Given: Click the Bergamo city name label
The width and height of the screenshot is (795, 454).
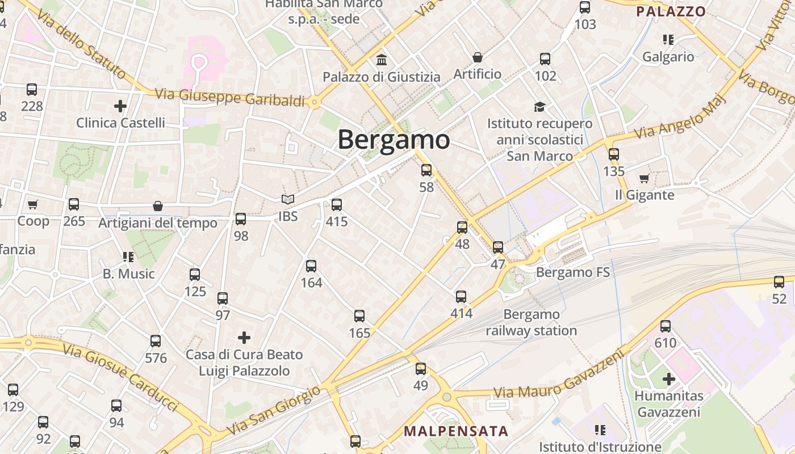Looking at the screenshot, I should pyautogui.click(x=394, y=140).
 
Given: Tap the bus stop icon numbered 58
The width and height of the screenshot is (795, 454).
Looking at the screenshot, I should pyautogui.click(x=426, y=170).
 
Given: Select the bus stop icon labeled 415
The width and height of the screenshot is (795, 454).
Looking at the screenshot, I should pyautogui.click(x=337, y=205).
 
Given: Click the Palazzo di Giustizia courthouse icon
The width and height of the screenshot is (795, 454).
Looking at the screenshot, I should pyautogui.click(x=382, y=60).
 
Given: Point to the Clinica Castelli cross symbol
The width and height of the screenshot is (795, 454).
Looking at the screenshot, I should pyautogui.click(x=120, y=106).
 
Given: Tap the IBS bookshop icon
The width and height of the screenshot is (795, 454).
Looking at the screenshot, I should pyautogui.click(x=288, y=200).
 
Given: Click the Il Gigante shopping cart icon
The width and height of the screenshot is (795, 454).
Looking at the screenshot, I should pyautogui.click(x=644, y=179).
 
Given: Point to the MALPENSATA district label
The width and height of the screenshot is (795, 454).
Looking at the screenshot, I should pyautogui.click(x=456, y=431).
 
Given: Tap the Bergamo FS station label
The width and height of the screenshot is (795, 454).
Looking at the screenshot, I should pyautogui.click(x=572, y=272).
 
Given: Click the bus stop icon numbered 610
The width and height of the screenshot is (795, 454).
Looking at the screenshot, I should pyautogui.click(x=665, y=326).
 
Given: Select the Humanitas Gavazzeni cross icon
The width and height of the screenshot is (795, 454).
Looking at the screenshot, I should pyautogui.click(x=669, y=379).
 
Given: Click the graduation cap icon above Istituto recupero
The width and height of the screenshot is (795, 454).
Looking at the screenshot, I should pyautogui.click(x=539, y=107).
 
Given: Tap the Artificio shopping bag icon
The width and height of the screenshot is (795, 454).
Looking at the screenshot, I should pyautogui.click(x=478, y=57).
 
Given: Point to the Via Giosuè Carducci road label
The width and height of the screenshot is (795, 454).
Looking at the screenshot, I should pyautogui.click(x=120, y=378).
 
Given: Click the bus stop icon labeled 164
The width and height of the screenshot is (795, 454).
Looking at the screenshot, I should pyautogui.click(x=311, y=266).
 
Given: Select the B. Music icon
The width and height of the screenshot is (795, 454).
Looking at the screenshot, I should pyautogui.click(x=128, y=257).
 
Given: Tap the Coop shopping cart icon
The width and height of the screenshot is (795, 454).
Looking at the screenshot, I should pyautogui.click(x=33, y=204).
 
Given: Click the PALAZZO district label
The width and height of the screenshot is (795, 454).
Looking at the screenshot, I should pyautogui.click(x=671, y=11).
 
